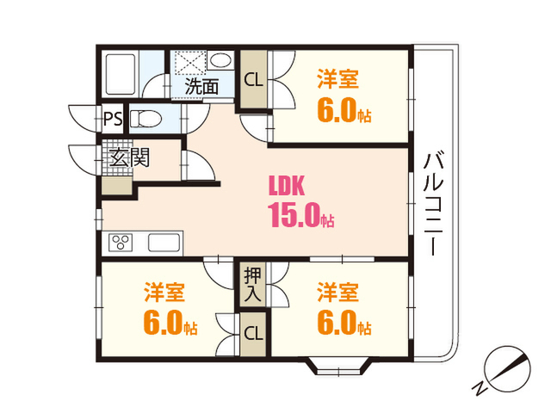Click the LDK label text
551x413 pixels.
point(287,185)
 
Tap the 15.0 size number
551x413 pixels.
point(294,214)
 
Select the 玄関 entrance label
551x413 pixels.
point(129,157)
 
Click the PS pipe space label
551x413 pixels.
point(113,119)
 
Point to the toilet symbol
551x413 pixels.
point(145,119)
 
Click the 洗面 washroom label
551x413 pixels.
point(201,86)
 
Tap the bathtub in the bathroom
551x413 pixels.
point(121,74)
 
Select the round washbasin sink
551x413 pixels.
point(220,60)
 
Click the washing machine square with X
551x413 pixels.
point(190,63)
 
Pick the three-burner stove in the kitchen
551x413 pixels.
point(121,242)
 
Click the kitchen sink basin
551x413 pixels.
point(164,243)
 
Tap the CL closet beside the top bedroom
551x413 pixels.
point(253,80)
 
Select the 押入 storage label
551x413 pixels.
point(253,285)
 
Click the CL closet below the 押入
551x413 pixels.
point(253,333)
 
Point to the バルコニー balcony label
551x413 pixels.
point(432,204)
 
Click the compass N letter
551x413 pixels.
point(480,388)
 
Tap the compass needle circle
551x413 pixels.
point(507,369)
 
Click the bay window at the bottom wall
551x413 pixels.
point(338,367)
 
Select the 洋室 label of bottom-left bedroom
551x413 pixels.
point(164,293)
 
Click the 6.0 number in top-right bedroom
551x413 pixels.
point(337,110)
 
